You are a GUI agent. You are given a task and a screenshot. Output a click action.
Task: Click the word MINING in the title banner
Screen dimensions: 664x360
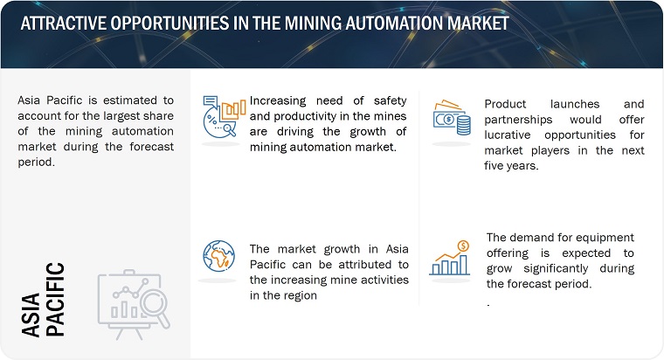[x=313, y=23]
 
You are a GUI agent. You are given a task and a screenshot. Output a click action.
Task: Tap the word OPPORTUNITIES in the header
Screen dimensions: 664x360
[x=169, y=23]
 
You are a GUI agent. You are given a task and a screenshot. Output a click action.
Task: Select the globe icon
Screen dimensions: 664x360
[x=218, y=256]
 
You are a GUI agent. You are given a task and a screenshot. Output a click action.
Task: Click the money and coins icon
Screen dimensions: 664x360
[x=452, y=118]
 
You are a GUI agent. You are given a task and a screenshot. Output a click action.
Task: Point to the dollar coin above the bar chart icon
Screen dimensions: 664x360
[x=463, y=246]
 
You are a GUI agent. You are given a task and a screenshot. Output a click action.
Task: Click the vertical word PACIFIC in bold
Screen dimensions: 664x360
[x=55, y=300]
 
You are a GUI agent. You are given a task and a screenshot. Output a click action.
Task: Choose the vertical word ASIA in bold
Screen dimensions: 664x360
[x=31, y=315]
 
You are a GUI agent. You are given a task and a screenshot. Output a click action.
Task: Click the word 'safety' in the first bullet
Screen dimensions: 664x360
[x=390, y=100]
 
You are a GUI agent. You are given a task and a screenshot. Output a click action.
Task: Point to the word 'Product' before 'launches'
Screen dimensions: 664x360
[x=506, y=104]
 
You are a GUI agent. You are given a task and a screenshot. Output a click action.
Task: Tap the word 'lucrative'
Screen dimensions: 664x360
[x=508, y=135]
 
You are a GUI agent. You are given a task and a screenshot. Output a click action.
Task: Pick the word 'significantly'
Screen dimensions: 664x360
[x=556, y=268]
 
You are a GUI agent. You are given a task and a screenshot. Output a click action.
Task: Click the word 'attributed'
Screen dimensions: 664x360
[x=364, y=264]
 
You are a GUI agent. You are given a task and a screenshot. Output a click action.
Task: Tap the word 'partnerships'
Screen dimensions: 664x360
[x=518, y=120]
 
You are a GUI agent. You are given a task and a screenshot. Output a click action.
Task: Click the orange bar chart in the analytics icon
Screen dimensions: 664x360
[x=234, y=109]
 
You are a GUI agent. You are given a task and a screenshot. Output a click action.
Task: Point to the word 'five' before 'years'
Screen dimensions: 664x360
[x=495, y=166]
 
